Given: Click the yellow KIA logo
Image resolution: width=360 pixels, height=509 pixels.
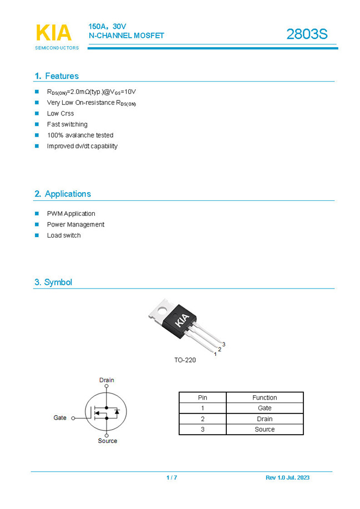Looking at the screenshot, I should (x=54, y=33).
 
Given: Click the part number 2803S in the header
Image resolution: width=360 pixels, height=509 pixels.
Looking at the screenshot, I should (x=307, y=34).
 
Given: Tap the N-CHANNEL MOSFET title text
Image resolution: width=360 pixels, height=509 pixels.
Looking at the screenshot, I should (x=126, y=36).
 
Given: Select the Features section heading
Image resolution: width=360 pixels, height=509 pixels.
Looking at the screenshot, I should (x=57, y=76).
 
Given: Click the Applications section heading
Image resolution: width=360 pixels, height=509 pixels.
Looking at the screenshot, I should (x=63, y=194).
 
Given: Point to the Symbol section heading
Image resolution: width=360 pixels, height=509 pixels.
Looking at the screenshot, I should (x=53, y=282).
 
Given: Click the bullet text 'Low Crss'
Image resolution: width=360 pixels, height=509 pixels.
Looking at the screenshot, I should (x=60, y=113).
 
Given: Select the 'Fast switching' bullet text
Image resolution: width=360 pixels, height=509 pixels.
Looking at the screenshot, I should (x=67, y=124).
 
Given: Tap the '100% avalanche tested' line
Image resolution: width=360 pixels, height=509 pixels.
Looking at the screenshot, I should (x=80, y=135).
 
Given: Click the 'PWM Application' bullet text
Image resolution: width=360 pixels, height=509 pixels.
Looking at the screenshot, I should (x=71, y=214).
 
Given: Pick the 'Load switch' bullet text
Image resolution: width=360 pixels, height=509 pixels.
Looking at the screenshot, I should (x=64, y=235).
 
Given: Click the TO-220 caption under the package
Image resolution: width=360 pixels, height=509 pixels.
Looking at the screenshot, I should (x=185, y=360).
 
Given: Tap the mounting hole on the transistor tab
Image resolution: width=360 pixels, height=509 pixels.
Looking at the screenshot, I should (x=161, y=310).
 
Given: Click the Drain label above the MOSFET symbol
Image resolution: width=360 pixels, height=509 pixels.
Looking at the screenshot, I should (x=107, y=380).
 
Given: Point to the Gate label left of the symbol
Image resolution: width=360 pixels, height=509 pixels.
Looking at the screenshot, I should (x=60, y=417).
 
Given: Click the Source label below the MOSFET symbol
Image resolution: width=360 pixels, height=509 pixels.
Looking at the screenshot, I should (x=108, y=441).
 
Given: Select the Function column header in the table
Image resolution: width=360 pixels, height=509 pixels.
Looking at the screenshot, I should (x=265, y=397).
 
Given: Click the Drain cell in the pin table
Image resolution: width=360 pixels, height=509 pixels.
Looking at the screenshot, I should (x=265, y=419).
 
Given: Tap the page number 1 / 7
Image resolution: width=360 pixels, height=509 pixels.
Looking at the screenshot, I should (x=172, y=477).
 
